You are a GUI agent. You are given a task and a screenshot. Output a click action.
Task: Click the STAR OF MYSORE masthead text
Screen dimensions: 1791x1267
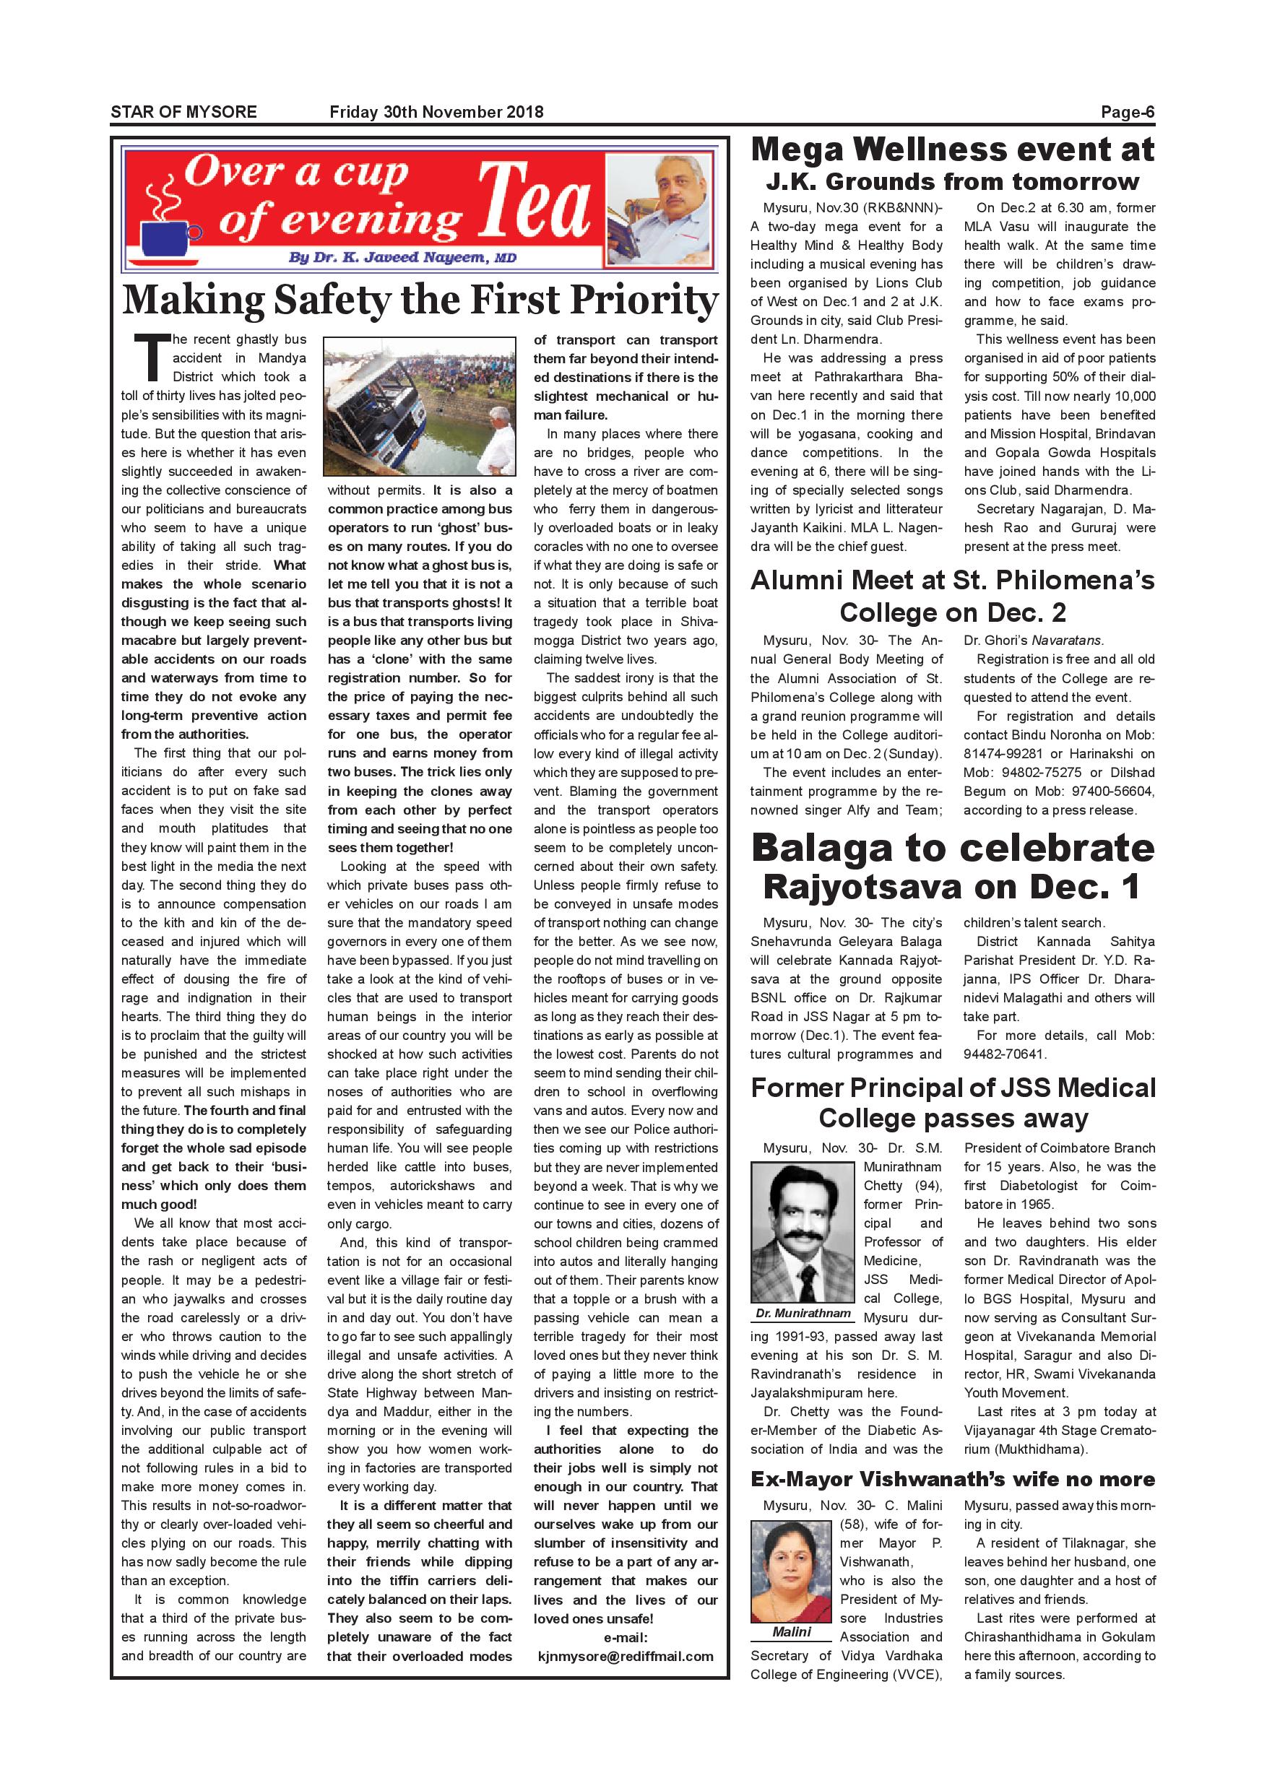click(183, 111)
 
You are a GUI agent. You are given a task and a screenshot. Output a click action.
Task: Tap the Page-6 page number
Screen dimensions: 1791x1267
click(1127, 111)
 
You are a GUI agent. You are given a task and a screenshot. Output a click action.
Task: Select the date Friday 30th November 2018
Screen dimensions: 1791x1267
click(436, 111)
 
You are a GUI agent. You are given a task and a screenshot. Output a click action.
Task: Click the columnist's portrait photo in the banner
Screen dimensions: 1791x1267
click(660, 211)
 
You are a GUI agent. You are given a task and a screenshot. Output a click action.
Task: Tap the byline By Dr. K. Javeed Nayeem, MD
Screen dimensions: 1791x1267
click(402, 257)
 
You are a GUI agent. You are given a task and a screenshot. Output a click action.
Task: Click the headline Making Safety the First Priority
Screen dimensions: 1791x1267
click(420, 300)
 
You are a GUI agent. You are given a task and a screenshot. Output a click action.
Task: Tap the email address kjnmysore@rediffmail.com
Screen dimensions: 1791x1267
click(626, 1656)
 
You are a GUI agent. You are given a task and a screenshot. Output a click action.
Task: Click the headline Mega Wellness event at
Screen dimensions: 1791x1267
click(952, 149)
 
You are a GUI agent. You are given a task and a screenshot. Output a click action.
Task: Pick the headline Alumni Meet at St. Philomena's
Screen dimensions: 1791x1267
click(952, 581)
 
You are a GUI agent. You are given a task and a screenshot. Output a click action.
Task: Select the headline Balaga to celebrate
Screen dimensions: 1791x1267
click(952, 849)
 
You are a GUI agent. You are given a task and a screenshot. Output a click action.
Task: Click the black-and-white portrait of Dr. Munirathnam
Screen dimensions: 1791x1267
click(803, 1233)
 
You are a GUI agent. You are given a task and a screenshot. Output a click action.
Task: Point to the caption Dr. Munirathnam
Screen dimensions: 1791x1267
click(803, 1313)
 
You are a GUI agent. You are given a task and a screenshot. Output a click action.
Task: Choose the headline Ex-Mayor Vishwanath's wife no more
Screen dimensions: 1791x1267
click(952, 1479)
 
